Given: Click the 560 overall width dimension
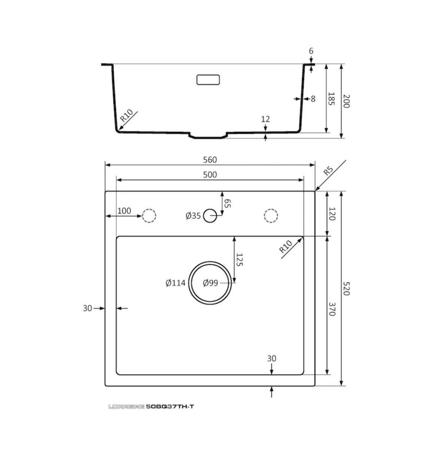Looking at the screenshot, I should click(210, 160).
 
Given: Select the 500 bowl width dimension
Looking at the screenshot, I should click(210, 175).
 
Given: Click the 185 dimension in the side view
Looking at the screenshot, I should click(331, 98).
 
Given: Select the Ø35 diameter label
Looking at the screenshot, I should click(193, 216).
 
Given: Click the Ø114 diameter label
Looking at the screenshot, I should click(176, 283).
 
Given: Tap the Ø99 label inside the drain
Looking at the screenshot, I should click(210, 283).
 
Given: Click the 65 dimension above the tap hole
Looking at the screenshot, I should click(228, 204).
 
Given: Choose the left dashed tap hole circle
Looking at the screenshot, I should click(149, 216).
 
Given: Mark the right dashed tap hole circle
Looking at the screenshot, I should click(271, 216).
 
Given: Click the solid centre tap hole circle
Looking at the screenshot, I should click(210, 216).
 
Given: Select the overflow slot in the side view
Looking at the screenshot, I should click(208, 80).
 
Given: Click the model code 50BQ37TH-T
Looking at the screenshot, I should click(170, 407).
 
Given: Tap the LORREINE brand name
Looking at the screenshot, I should click(126, 407).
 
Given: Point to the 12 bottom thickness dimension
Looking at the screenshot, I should click(265, 119).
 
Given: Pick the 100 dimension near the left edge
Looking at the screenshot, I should click(124, 211).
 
